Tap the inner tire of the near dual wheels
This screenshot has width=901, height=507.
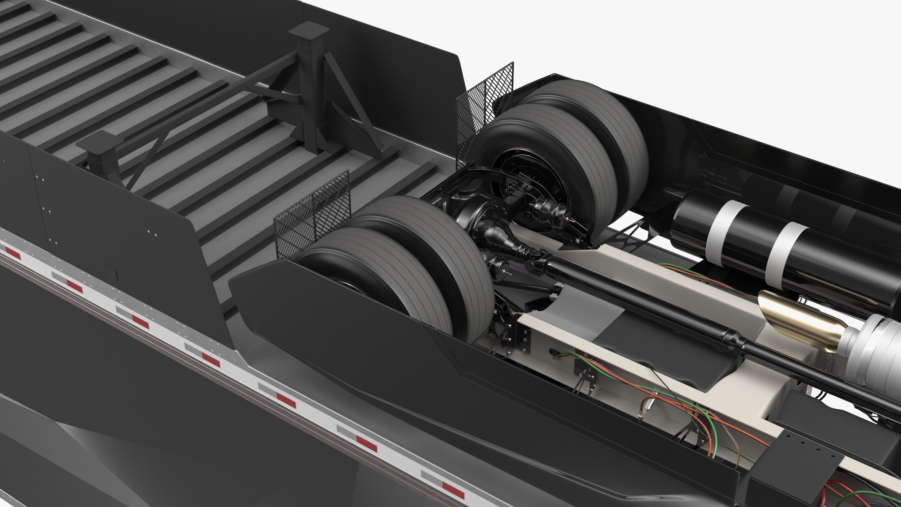point(436,235)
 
